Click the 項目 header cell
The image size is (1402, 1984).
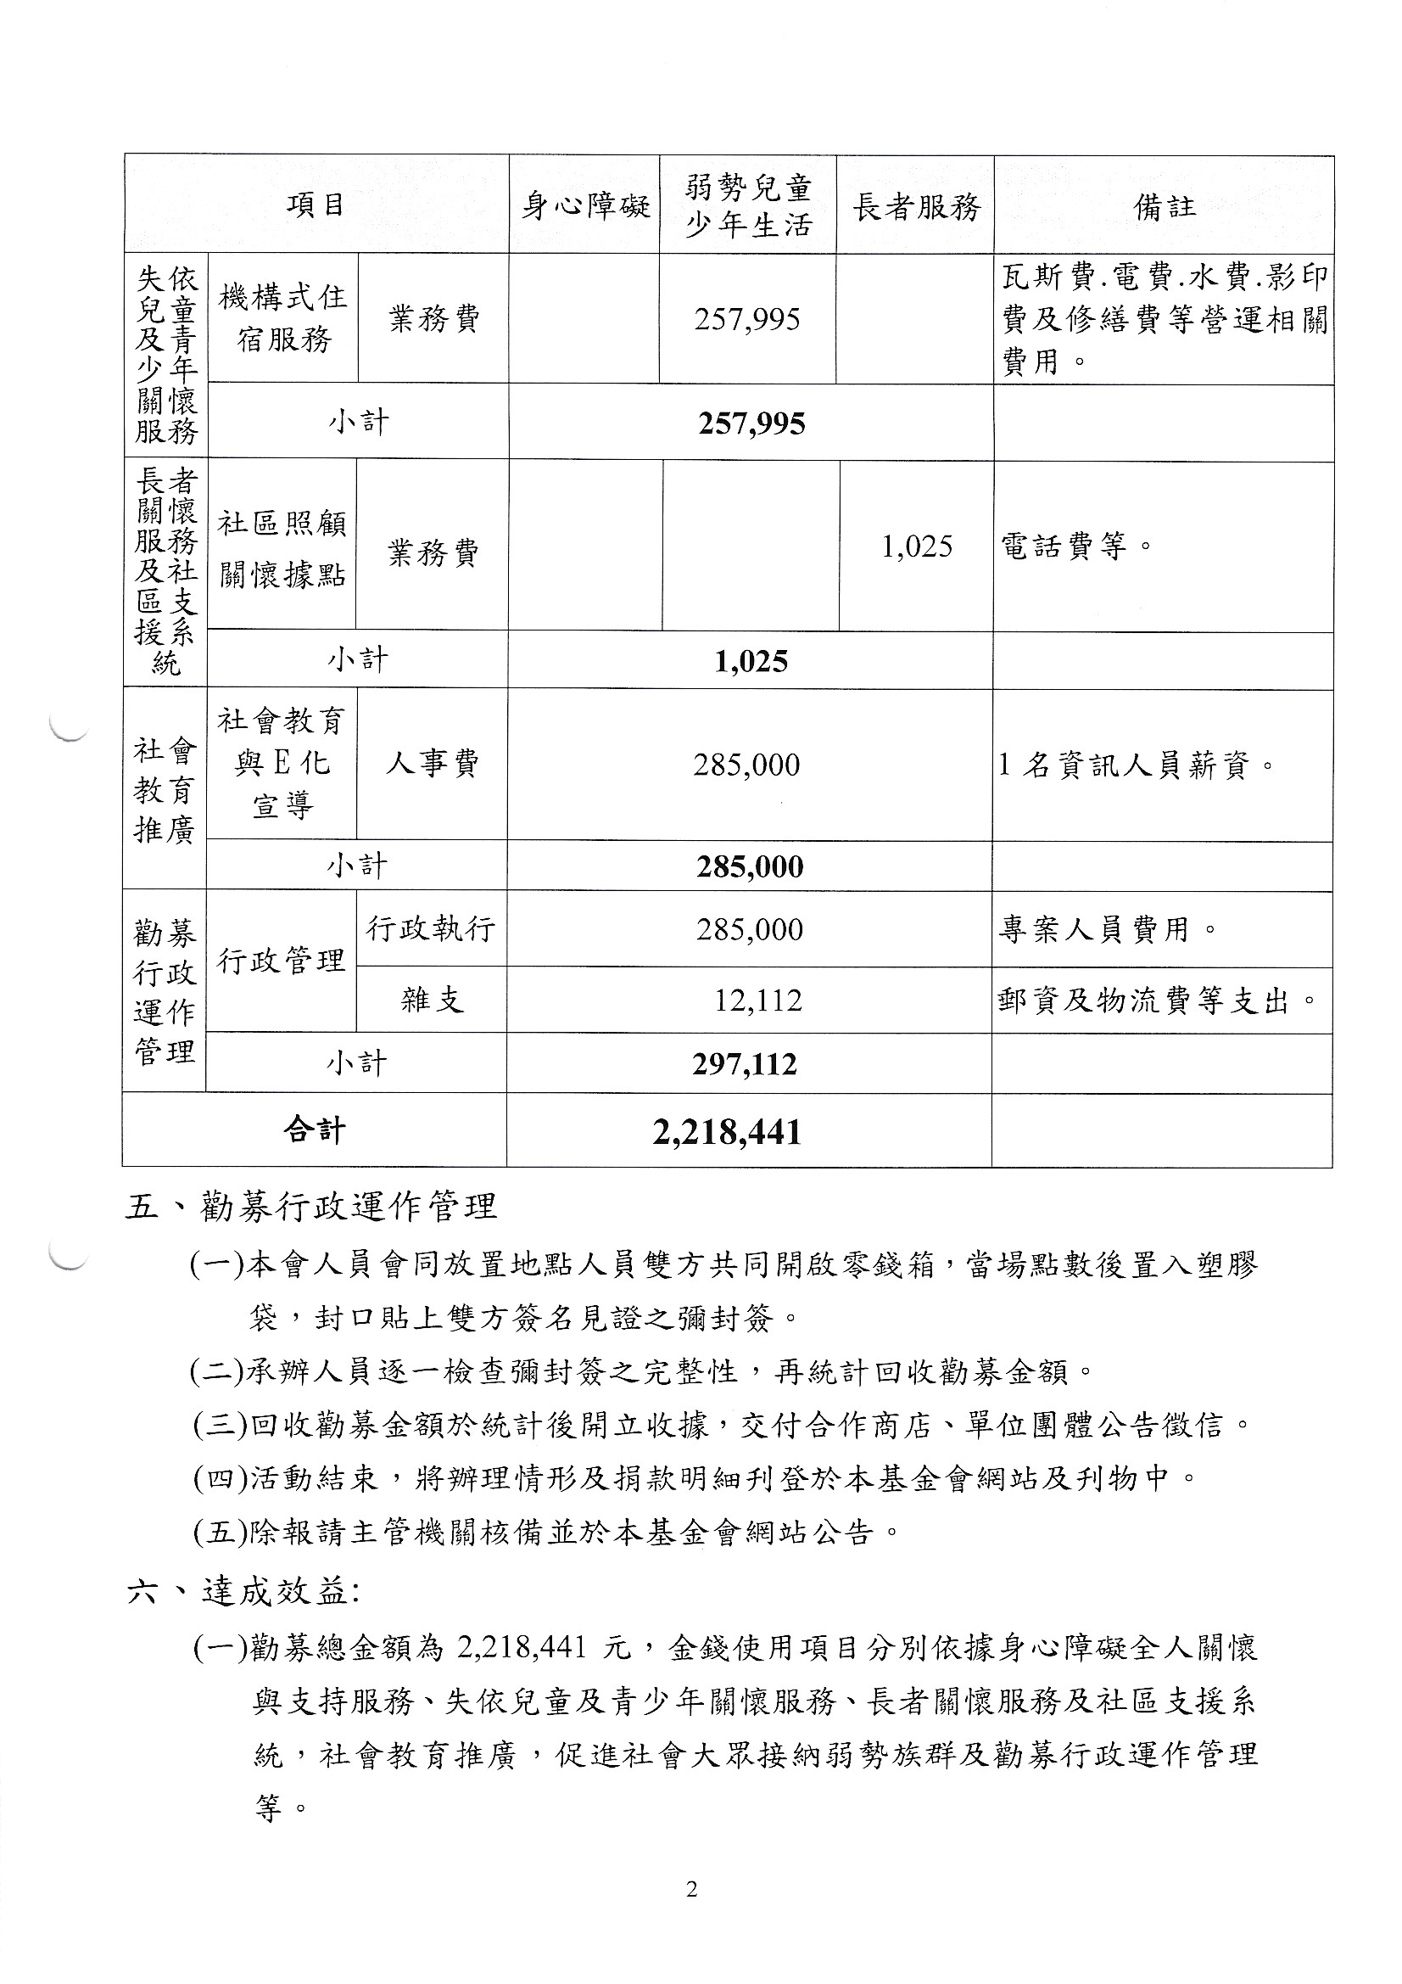(x=316, y=205)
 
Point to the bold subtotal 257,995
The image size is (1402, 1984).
(x=751, y=423)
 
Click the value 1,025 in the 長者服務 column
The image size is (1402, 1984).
(x=917, y=546)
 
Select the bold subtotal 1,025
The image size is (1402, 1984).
(x=751, y=662)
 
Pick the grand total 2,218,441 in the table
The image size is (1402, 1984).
(x=728, y=1132)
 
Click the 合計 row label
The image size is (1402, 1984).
(x=315, y=1130)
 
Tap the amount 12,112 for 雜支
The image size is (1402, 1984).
(x=757, y=1000)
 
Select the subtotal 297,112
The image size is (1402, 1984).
(x=745, y=1064)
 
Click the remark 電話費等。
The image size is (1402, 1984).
(x=1076, y=546)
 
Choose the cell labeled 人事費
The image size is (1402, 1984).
(x=432, y=764)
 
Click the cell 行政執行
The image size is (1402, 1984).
(x=431, y=930)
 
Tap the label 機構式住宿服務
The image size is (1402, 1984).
(x=283, y=319)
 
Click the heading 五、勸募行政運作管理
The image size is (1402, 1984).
(x=312, y=1207)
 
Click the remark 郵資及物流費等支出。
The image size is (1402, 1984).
(x=1158, y=1000)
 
